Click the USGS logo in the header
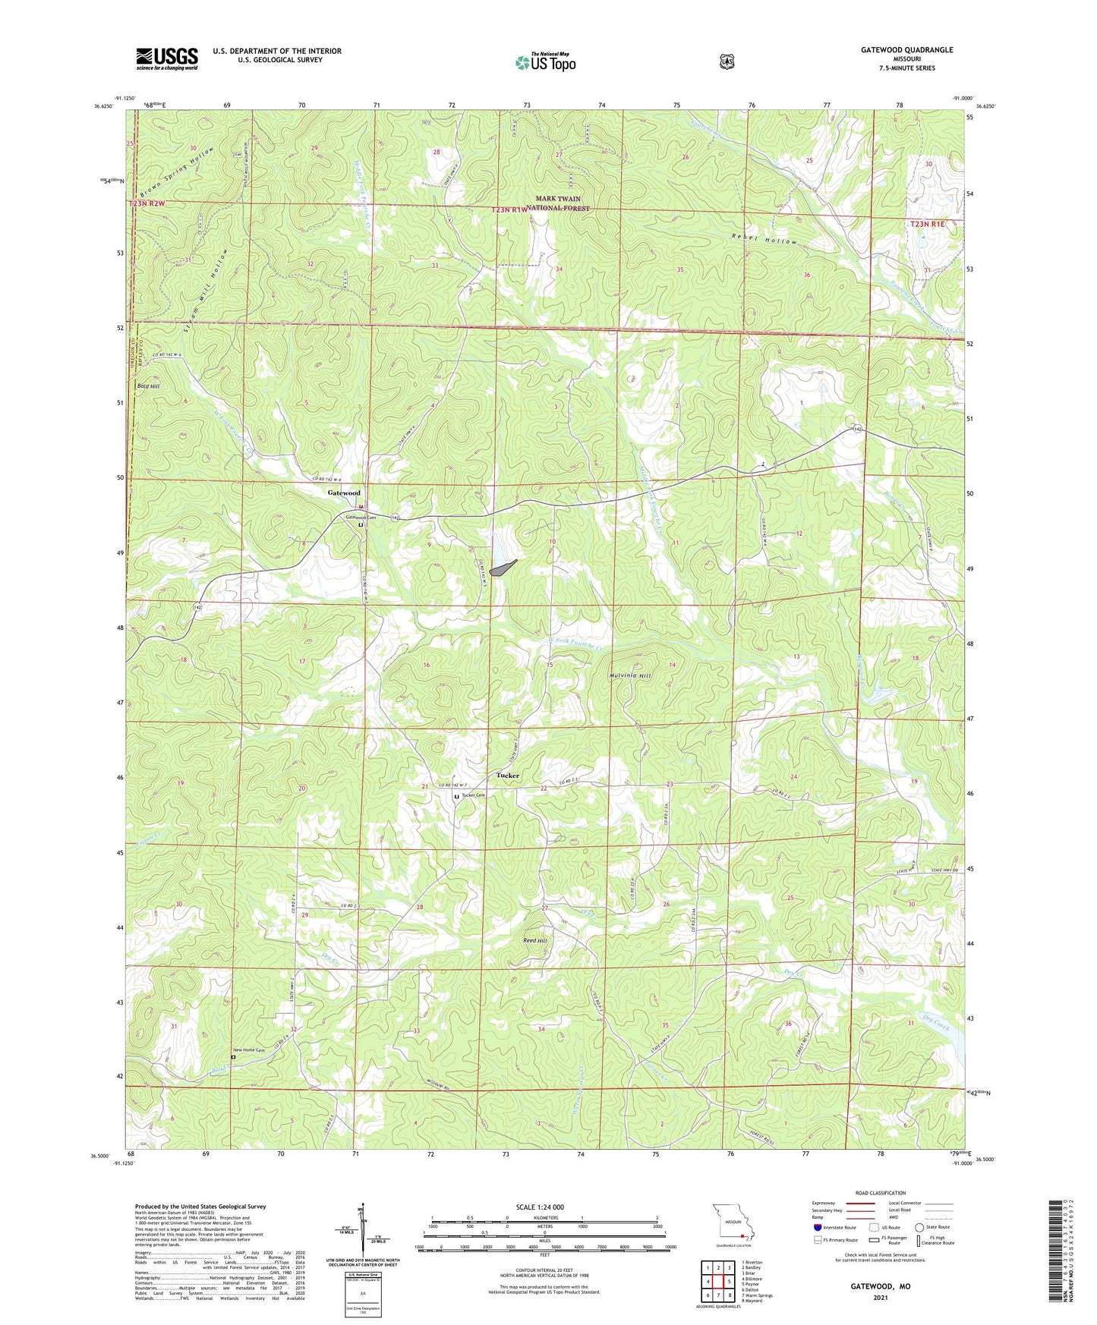(x=167, y=58)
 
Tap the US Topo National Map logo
(x=545, y=61)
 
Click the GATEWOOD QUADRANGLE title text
(x=906, y=50)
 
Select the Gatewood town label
(x=344, y=493)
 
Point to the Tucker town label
(x=508, y=776)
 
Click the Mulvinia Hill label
(x=630, y=675)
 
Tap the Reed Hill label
(x=534, y=940)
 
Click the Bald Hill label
(x=148, y=386)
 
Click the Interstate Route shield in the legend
(x=817, y=1227)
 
